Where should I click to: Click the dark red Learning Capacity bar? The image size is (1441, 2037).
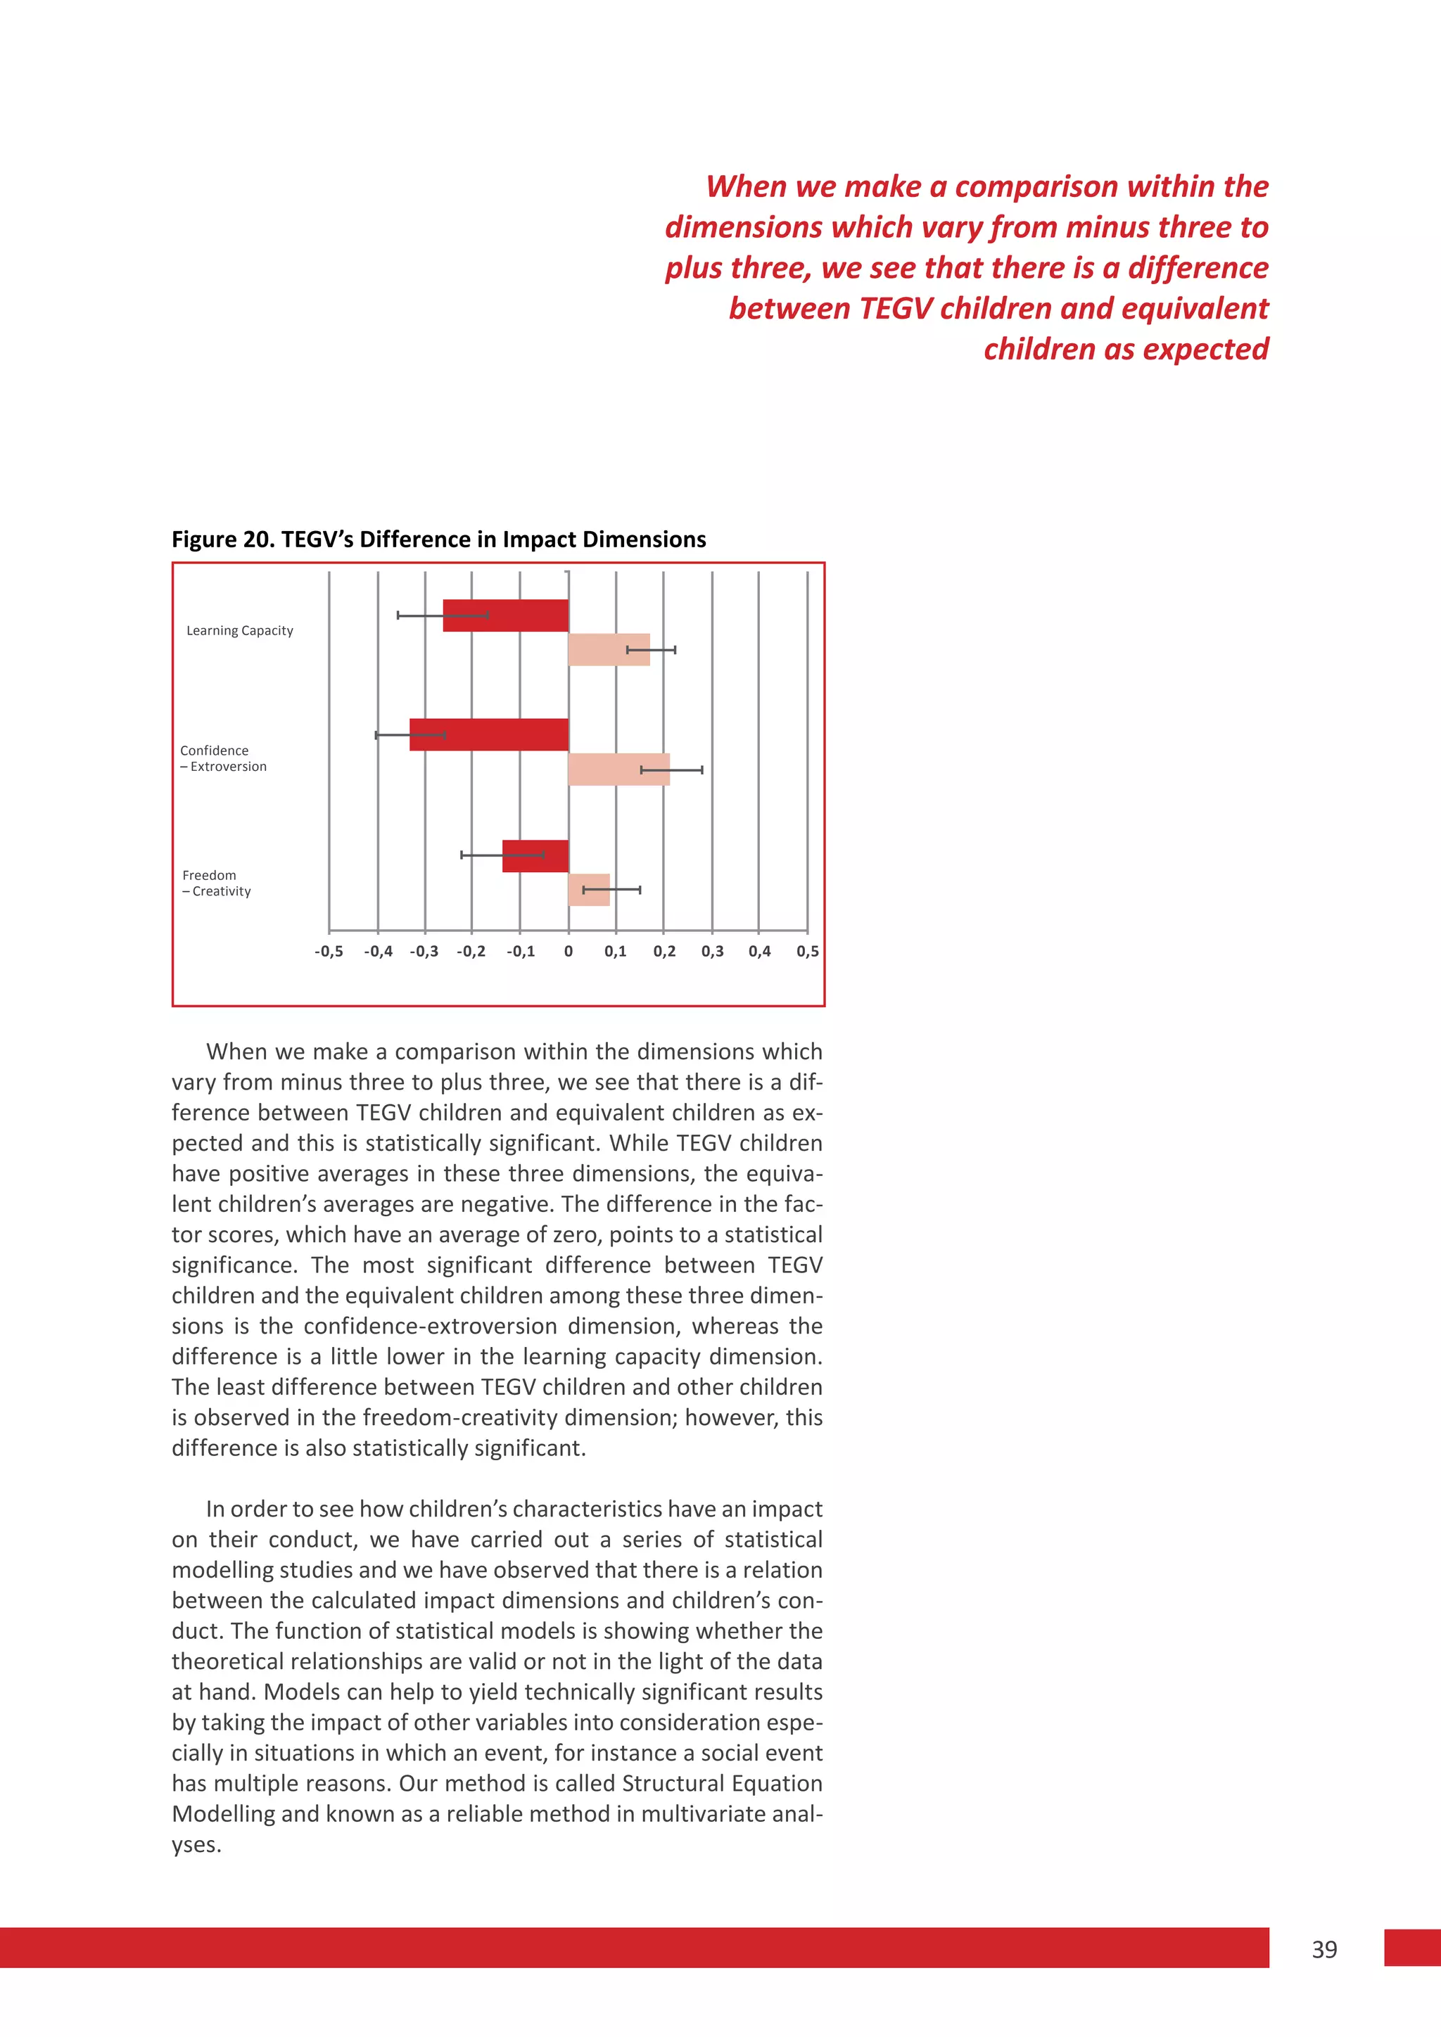point(506,615)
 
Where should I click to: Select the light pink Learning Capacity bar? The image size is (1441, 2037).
point(609,649)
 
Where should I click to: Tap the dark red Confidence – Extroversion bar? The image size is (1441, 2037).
point(489,734)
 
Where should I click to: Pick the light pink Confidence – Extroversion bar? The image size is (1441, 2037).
point(618,770)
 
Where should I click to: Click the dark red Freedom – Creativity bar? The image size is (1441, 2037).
point(535,855)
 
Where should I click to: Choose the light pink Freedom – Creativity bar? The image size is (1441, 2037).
point(588,890)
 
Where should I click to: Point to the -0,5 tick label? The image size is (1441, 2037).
point(329,951)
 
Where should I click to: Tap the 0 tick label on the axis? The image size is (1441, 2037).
point(568,951)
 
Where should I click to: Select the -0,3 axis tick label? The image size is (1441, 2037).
point(424,951)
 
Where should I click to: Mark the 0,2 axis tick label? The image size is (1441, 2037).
point(664,951)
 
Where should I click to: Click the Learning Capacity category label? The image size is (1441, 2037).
point(239,631)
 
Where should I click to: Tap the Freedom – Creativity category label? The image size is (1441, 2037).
point(217,883)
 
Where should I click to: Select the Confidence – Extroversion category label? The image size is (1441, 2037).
point(223,758)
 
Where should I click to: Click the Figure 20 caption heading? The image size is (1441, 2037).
point(438,539)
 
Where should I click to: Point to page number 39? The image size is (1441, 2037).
point(1324,1949)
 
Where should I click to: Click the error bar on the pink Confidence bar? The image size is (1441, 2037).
point(672,770)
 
